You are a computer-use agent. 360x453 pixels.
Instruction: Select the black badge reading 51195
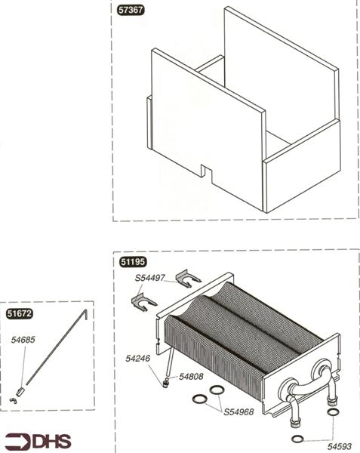click(x=134, y=262)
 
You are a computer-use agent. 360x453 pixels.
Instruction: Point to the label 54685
click(x=23, y=341)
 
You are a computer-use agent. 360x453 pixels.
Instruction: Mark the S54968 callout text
click(x=239, y=411)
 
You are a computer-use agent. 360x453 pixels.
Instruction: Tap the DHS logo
click(x=35, y=441)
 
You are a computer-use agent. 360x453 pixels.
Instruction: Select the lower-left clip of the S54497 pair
click(x=142, y=303)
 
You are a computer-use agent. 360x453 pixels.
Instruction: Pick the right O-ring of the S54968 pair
click(x=217, y=390)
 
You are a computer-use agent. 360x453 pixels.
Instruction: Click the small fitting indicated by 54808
click(x=164, y=382)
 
